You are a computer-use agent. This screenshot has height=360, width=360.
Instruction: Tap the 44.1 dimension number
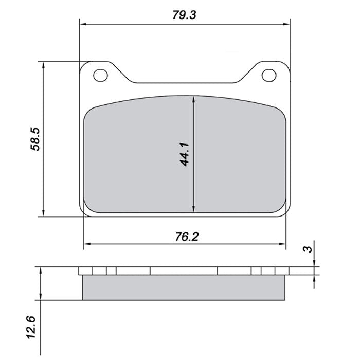tap(186, 154)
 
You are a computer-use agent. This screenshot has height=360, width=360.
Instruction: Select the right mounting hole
tap(268, 75)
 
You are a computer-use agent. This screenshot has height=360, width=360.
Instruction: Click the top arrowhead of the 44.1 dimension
tap(193, 102)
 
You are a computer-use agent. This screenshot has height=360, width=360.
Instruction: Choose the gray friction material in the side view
tap(184, 288)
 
